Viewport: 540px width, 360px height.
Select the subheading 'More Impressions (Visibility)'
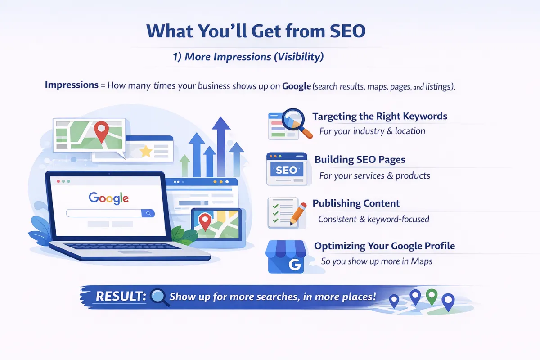[254, 57]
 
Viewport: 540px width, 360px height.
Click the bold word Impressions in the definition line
[72, 85]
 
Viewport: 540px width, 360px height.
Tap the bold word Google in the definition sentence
[297, 85]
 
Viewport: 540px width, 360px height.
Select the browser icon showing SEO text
[286, 169]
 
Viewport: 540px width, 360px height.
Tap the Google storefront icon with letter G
[286, 257]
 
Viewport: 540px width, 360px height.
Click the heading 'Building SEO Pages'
[360, 160]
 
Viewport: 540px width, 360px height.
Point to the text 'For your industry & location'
[372, 131]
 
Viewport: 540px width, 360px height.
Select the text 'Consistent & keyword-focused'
[373, 219]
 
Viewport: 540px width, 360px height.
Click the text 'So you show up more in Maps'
[376, 261]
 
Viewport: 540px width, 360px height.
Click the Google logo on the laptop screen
[108, 198]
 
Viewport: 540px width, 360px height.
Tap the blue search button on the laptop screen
[148, 213]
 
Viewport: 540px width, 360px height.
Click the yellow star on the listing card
[146, 152]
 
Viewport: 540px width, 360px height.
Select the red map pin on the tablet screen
[205, 221]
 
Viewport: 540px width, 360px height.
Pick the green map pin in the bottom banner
[431, 296]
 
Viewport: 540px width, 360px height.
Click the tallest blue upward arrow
[221, 135]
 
